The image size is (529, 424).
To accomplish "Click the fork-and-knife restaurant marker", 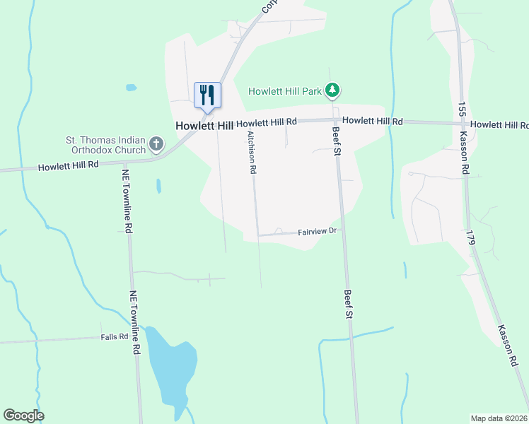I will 207,95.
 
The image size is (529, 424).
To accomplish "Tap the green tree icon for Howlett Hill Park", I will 333,90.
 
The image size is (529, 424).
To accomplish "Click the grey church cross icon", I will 156,146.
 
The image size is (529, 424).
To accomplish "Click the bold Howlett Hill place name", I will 204,125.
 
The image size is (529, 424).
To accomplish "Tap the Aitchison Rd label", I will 251,152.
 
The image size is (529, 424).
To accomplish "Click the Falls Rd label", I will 113,337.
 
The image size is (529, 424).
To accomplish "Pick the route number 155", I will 461,109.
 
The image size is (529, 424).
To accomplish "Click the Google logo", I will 23,416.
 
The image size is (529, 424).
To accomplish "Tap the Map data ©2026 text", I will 499,418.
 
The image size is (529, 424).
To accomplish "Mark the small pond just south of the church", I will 158,186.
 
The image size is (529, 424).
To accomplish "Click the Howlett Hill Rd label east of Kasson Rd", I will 499,124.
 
